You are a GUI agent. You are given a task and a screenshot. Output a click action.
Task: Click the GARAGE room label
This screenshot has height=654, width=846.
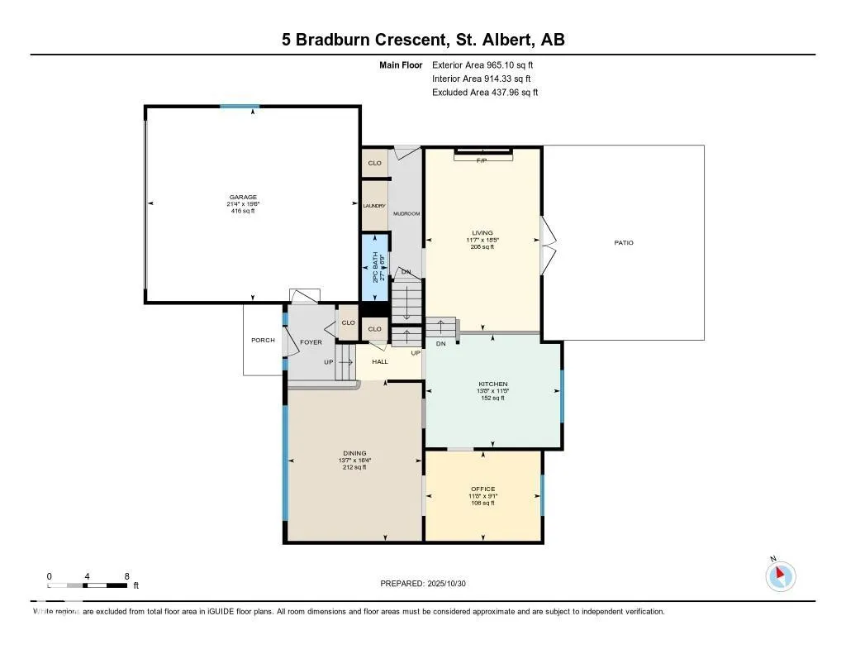coord(243,198)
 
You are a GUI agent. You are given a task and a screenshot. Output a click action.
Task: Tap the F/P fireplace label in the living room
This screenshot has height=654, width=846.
coord(482,160)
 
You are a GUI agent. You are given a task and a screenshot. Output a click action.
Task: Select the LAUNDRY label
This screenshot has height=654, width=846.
coord(374,206)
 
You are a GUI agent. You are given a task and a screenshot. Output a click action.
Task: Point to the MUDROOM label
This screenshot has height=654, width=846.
coord(406,214)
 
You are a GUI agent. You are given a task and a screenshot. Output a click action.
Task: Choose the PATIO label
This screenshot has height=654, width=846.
coord(623,243)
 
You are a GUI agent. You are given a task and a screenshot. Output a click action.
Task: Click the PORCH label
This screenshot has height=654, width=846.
coord(263,341)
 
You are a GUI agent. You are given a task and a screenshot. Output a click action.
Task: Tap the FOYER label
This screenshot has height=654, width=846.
coord(311,342)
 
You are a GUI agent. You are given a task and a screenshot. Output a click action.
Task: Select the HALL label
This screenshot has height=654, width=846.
coord(379,362)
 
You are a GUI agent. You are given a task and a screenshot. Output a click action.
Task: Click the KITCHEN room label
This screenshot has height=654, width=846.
coord(492,384)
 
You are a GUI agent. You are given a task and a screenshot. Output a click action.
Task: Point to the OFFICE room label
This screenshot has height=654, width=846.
coord(482,489)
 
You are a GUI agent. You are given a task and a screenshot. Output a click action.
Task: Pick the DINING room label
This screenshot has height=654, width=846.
coord(354,453)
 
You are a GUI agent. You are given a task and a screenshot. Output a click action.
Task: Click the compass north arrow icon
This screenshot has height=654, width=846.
coord(780,576)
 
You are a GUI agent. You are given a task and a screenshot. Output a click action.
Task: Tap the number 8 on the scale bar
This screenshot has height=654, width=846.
coord(126,576)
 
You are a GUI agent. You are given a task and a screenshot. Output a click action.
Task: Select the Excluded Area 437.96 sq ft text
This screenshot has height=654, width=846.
coord(485,93)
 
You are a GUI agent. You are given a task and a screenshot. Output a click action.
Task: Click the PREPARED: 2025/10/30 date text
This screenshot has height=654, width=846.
coord(424,584)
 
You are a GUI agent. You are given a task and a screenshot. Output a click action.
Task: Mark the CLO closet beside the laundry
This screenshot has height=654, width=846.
coord(374,163)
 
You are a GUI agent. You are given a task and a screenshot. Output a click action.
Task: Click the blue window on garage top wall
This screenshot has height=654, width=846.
coord(240,107)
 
